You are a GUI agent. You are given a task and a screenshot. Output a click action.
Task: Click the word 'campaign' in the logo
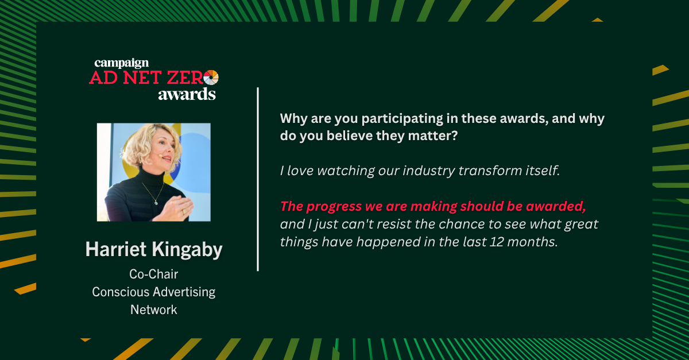[x=122, y=63]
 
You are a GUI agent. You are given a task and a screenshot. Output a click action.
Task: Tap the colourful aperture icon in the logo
[x=211, y=78]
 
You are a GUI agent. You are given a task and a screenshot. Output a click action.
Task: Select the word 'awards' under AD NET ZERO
[x=187, y=95]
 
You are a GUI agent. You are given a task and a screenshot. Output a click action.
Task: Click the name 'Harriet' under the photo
[x=115, y=249]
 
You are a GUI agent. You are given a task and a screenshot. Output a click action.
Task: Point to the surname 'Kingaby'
[x=187, y=250]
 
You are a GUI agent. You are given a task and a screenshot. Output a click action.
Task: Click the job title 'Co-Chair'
[x=153, y=274]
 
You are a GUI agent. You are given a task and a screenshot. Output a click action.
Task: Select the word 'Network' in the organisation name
[x=153, y=309]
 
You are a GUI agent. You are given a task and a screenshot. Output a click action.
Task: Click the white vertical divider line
[x=258, y=179]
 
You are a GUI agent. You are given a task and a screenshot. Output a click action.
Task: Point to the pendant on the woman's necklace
[x=156, y=203]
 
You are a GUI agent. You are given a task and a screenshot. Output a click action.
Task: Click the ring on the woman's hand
[x=184, y=212]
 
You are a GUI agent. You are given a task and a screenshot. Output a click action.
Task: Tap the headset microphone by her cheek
[x=161, y=156]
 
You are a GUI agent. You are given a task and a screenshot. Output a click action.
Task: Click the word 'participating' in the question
[x=402, y=119]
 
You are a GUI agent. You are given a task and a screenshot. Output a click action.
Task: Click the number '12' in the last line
[x=497, y=242]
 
